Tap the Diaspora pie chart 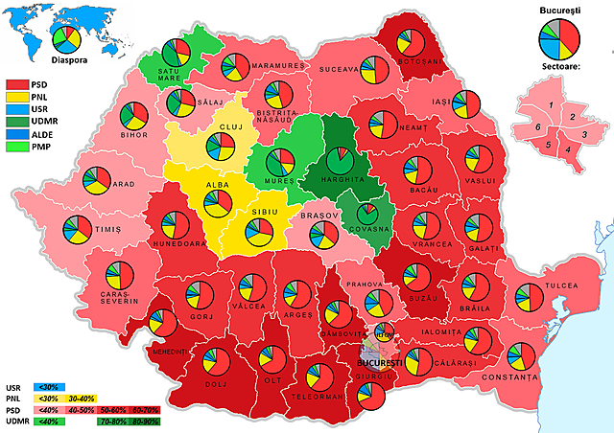tap(66, 39)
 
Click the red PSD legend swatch tap(16, 83)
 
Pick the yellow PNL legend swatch tap(16, 97)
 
